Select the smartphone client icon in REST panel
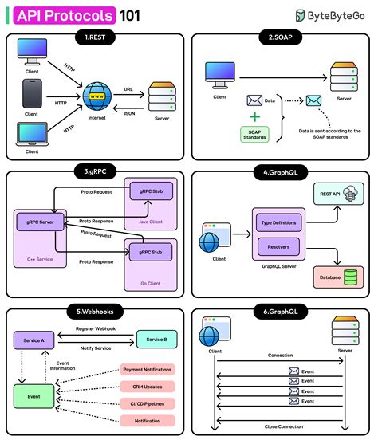click(x=31, y=96)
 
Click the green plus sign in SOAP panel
click(x=254, y=116)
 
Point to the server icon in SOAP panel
click(x=344, y=77)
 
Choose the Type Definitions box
click(x=278, y=223)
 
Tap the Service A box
click(x=33, y=340)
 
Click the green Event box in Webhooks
click(x=33, y=395)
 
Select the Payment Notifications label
click(x=147, y=369)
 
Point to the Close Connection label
click(x=280, y=427)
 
